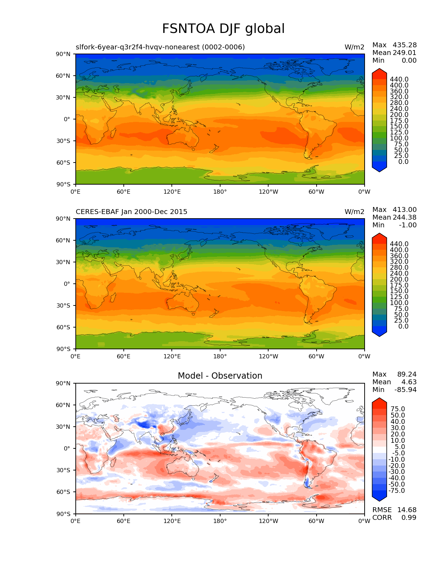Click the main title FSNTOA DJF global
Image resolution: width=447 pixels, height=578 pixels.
[x=223, y=29]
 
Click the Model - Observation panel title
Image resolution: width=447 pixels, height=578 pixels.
[x=220, y=376]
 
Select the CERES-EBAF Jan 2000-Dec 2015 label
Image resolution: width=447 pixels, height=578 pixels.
[x=131, y=212]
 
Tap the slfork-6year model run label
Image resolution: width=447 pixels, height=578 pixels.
[x=160, y=47]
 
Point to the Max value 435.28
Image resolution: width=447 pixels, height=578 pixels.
[x=405, y=45]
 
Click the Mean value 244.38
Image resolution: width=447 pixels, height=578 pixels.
[x=405, y=218]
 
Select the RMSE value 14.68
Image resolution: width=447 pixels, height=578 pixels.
[x=407, y=510]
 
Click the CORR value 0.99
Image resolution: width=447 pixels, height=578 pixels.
[x=409, y=518]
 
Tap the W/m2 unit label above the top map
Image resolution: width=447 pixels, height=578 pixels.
[x=354, y=47]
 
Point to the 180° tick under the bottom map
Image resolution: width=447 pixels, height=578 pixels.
[x=220, y=521]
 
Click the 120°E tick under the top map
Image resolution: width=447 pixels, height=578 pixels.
[x=172, y=192]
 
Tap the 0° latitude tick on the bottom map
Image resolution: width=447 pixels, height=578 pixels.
[x=67, y=448]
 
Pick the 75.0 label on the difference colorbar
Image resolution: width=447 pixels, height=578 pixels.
[x=398, y=409]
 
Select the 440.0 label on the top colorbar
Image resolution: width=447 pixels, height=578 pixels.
[x=399, y=80]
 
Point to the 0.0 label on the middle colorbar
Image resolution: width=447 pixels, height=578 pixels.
[x=403, y=326]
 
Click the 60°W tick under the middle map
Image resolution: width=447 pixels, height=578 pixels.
[x=316, y=357]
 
